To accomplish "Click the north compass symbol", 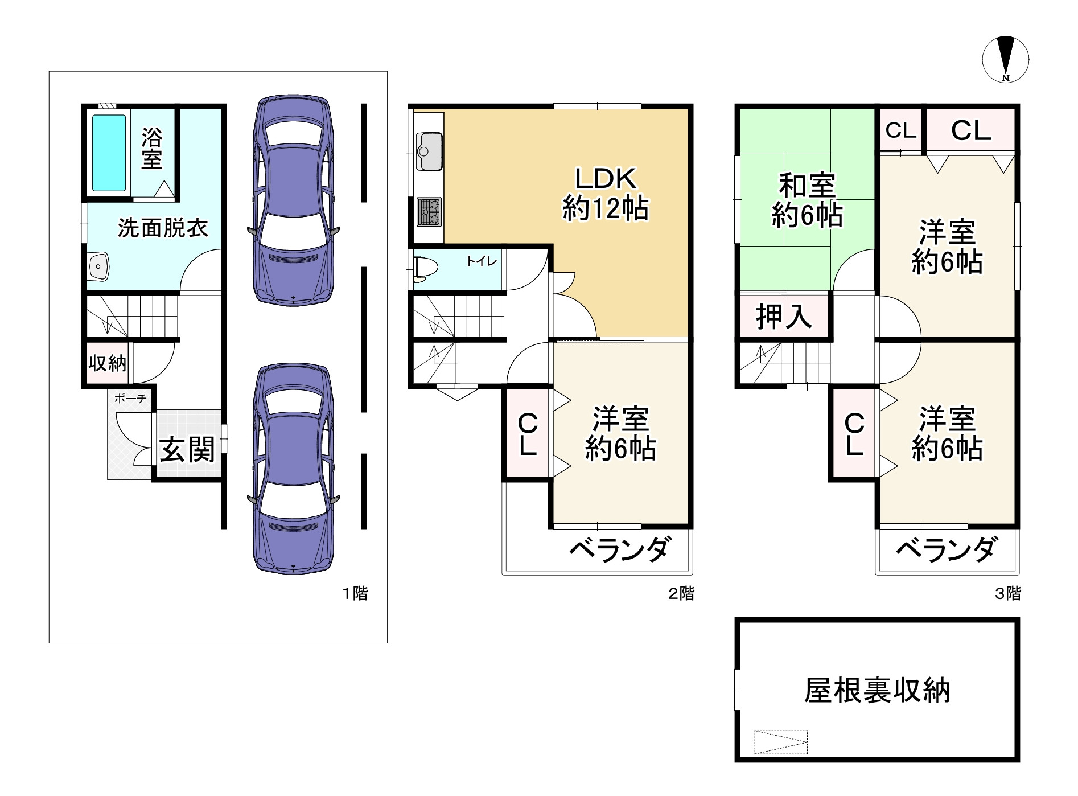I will pyautogui.click(x=1005, y=59).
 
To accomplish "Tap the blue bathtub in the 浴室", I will pyautogui.click(x=109, y=153).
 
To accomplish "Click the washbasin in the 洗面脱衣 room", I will pyautogui.click(x=98, y=266).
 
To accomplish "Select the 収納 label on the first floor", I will pyautogui.click(x=107, y=363).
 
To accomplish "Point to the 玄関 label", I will pyautogui.click(x=187, y=450).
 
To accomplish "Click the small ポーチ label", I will pyautogui.click(x=130, y=399).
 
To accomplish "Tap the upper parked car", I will pyautogui.click(x=293, y=200).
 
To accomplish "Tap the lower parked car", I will pyautogui.click(x=293, y=468).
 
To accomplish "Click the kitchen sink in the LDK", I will pyautogui.click(x=429, y=151).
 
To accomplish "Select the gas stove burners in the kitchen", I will pyautogui.click(x=429, y=212).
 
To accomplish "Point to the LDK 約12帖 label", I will pyautogui.click(x=606, y=194).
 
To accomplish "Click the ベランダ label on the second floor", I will pyautogui.click(x=620, y=549).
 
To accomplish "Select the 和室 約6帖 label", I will pyautogui.click(x=807, y=200).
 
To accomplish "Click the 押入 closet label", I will pyautogui.click(x=784, y=317).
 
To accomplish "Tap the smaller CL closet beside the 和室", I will pyautogui.click(x=900, y=131).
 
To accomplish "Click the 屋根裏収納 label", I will pyautogui.click(x=877, y=691).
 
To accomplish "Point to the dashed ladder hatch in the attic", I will pyautogui.click(x=780, y=742).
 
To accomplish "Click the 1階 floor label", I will pyautogui.click(x=355, y=594).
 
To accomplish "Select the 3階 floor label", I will pyautogui.click(x=1007, y=594).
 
